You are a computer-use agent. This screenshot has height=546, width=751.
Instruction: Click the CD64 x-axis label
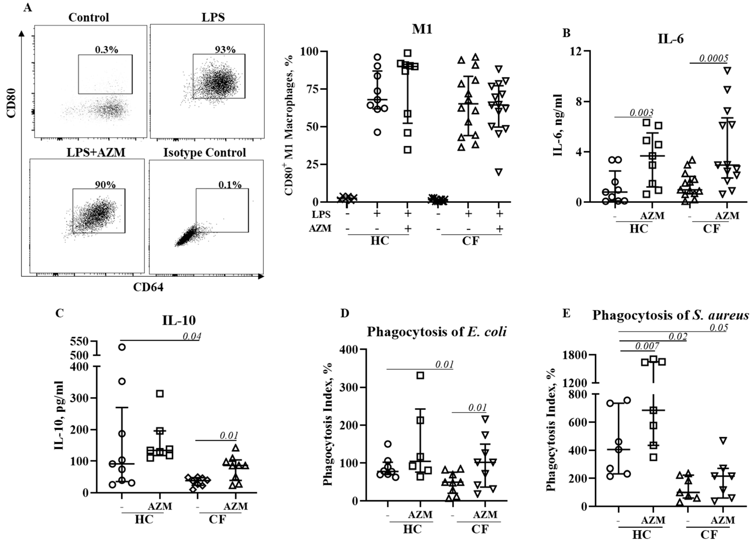[148, 287]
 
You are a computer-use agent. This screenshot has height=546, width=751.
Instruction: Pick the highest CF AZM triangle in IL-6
[727, 70]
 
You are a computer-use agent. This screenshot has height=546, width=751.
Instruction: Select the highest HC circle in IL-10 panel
[122, 347]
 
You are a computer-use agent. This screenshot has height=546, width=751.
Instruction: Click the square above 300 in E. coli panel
[420, 375]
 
